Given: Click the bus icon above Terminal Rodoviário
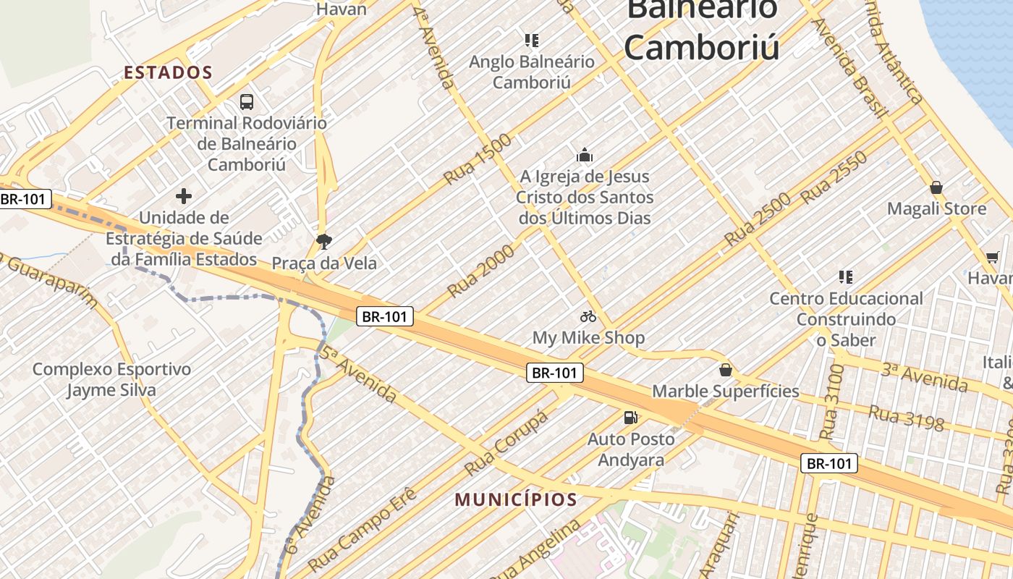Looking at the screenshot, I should coord(247,102).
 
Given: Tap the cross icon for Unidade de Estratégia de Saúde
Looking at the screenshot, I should coord(184,196).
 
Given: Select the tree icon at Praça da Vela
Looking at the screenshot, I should coord(324,241).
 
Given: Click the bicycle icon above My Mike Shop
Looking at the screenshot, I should coord(588,316).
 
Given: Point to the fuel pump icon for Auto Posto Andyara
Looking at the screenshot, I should coord(631,418).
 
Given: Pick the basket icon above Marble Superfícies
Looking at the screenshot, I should coord(726,371).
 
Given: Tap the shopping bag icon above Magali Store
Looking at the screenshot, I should coord(936,188).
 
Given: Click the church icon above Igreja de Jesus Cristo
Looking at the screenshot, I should coord(585,155).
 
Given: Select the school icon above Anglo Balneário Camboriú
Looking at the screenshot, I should coord(532,41).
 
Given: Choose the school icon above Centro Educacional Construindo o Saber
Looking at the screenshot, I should coord(845,277).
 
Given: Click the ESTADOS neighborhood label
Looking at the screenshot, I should coord(168,72).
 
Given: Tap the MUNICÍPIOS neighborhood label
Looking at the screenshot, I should coord(516,499).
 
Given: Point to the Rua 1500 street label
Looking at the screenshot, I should coord(478,159).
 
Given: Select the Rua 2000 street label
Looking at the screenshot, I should coord(481,270).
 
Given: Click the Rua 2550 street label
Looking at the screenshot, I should coord(834,177).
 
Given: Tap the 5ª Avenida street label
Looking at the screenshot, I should coord(358,373).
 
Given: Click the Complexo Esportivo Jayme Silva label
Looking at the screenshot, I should coord(112,380).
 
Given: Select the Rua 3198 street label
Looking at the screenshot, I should coord(906,418).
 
